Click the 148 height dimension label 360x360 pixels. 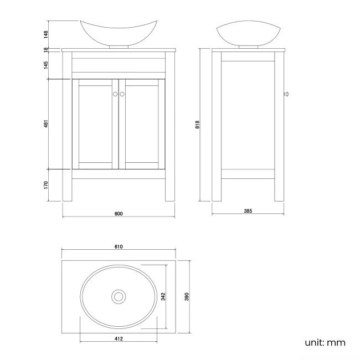pyautogui.click(x=47, y=34)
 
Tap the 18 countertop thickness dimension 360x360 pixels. pyautogui.click(x=47, y=49)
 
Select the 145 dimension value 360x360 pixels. pyautogui.click(x=47, y=65)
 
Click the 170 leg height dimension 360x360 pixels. pyautogui.click(x=47, y=184)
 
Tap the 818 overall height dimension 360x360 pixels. pyautogui.click(x=197, y=125)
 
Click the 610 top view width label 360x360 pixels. pyautogui.click(x=118, y=246)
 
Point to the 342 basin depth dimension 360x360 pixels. pyautogui.click(x=163, y=296)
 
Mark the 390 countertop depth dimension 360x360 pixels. pyautogui.click(x=187, y=296)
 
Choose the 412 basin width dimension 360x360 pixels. pyautogui.click(x=118, y=338)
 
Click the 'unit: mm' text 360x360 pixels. pyautogui.click(x=325, y=342)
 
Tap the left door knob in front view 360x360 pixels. pyautogui.click(x=115, y=94)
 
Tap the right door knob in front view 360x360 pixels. pyautogui.click(x=122, y=94)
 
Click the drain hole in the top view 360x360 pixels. pyautogui.click(x=118, y=296)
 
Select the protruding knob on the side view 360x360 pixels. pyautogui.click(x=286, y=94)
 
